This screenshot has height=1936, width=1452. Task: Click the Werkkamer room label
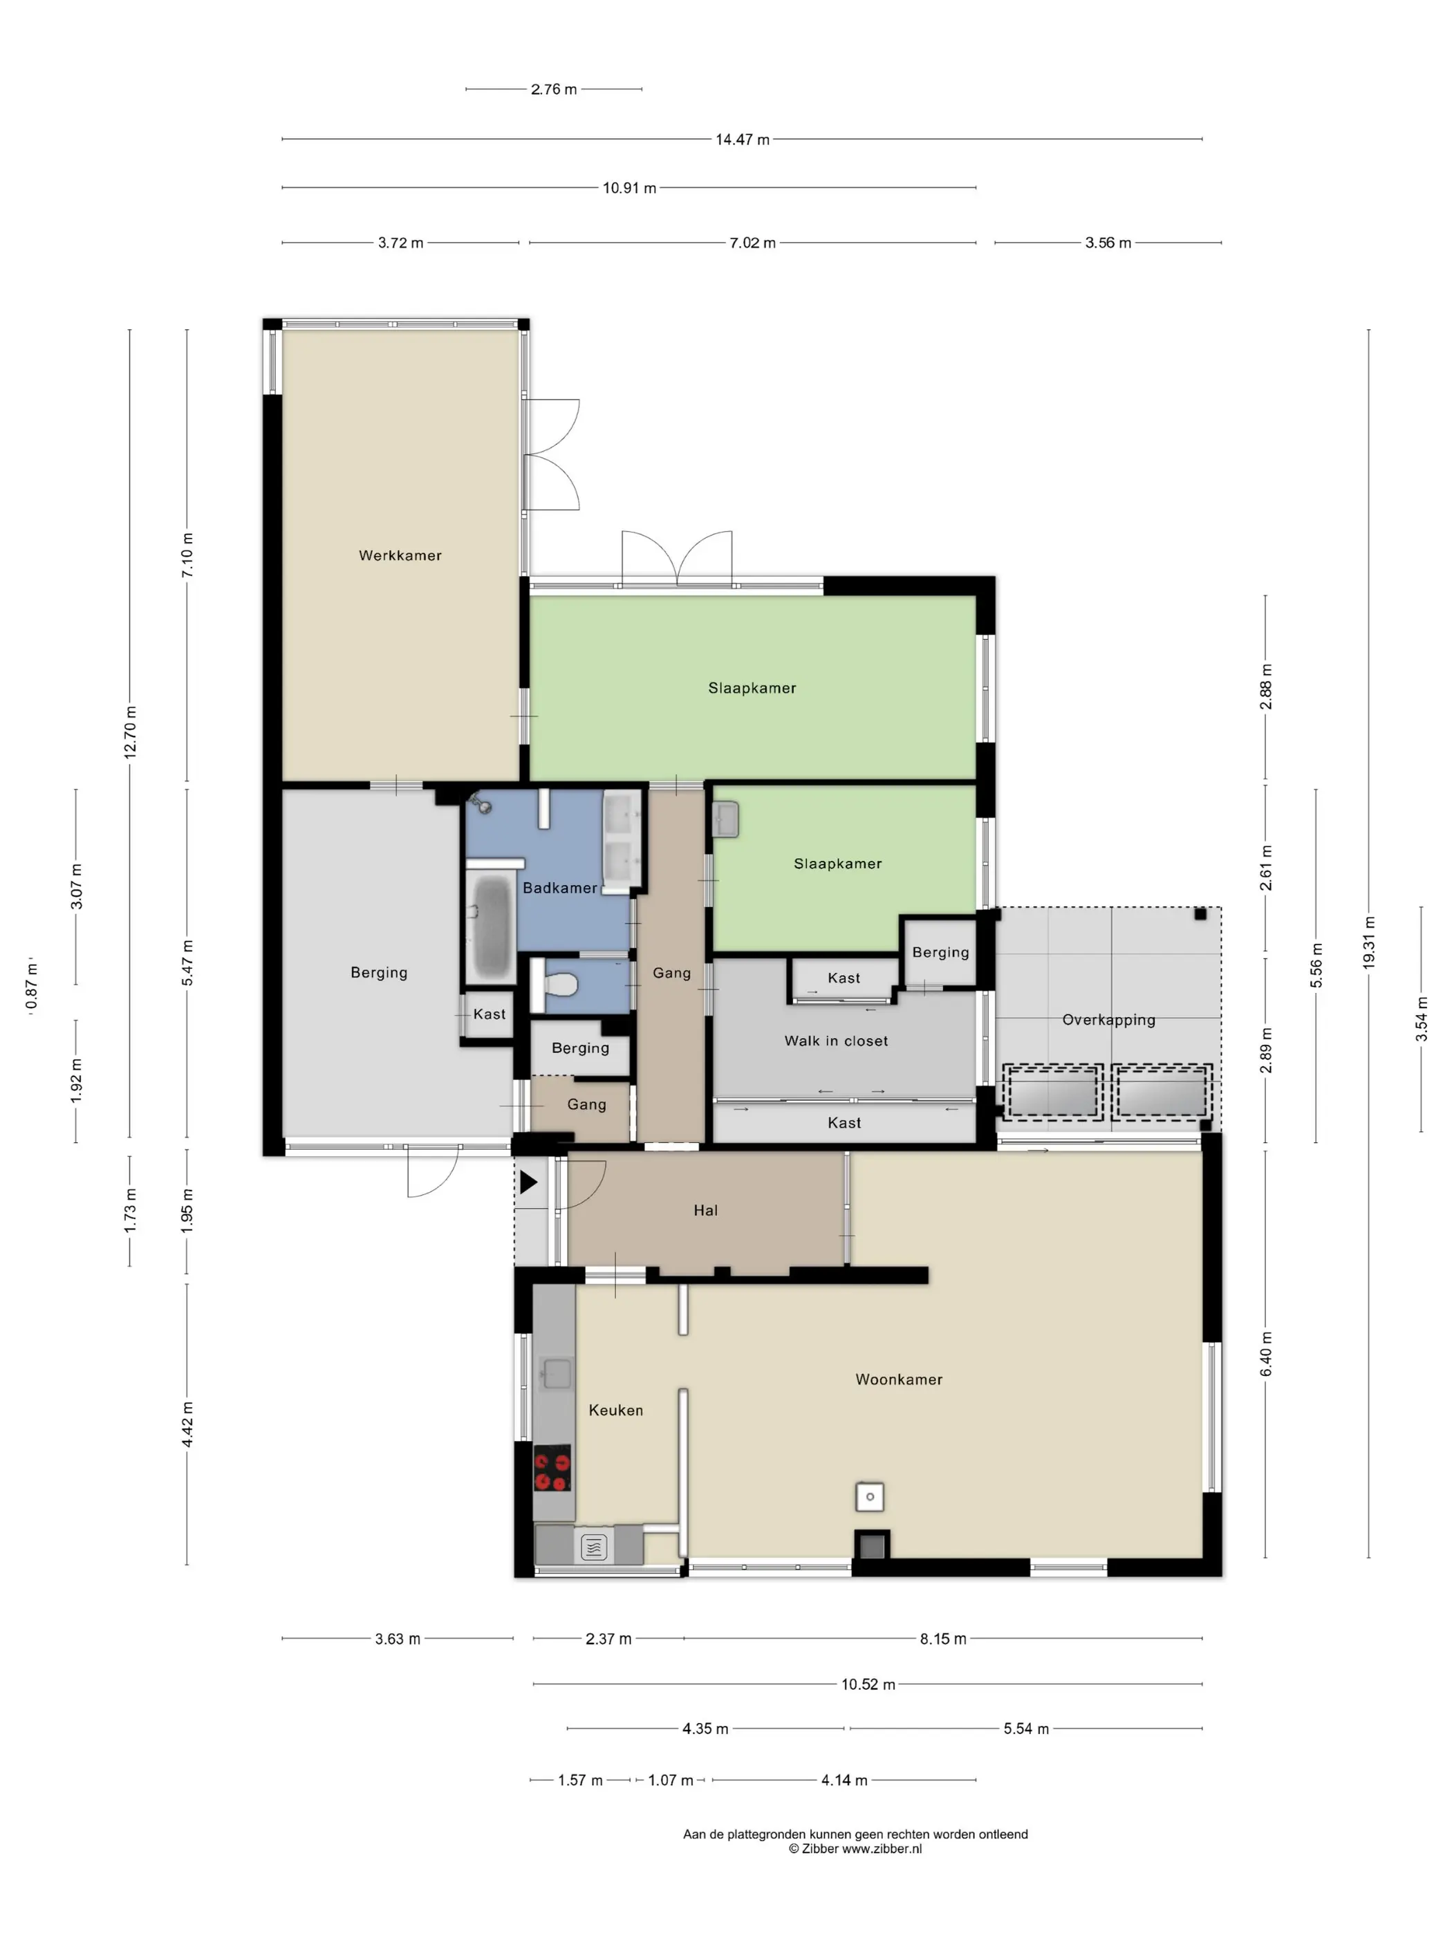400,556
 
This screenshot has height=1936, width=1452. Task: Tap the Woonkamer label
899,1379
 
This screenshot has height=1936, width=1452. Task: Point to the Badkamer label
560,888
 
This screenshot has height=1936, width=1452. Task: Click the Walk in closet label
836,1041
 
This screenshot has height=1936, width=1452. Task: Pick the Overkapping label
1109,1020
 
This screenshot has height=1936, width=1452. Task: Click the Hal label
705,1211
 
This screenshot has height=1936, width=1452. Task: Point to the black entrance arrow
529,1183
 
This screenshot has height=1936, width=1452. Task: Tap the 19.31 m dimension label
1369,942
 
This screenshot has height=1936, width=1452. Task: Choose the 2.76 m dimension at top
553,89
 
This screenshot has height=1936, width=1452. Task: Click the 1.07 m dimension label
671,1780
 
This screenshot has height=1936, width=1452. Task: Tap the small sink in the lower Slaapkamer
725,820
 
